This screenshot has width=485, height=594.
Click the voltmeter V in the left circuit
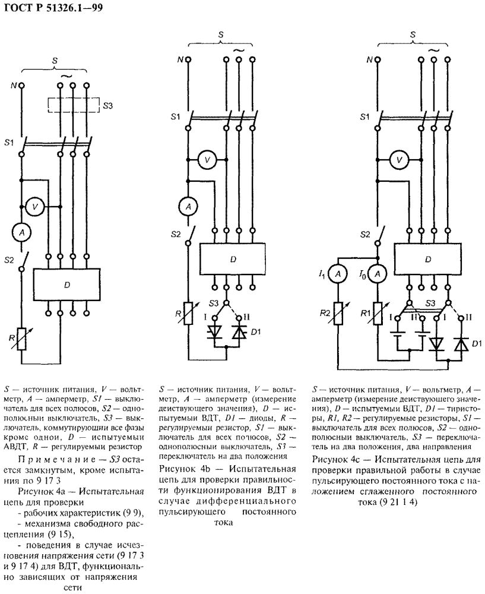[x=35, y=207]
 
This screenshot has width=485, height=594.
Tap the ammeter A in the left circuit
[x=21, y=233]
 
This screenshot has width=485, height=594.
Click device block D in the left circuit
[x=66, y=285]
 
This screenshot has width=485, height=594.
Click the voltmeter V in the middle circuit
[x=207, y=160]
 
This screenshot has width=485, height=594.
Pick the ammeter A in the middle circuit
[x=188, y=207]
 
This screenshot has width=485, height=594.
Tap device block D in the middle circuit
[x=233, y=259]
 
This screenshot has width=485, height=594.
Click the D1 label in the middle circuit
[x=256, y=332]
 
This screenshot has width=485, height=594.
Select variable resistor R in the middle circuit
[x=188, y=313]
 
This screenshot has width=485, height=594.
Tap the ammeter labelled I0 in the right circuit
[x=377, y=274]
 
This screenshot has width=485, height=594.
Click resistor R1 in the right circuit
[x=377, y=313]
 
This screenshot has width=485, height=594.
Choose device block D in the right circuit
[x=428, y=259]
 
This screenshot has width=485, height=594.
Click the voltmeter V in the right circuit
[x=399, y=160]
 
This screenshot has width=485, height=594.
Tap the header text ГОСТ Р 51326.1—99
[x=53, y=8]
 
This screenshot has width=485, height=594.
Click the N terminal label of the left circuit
[x=13, y=86]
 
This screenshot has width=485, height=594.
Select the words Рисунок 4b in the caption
[x=185, y=469]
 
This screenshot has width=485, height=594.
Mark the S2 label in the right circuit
[x=365, y=235]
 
